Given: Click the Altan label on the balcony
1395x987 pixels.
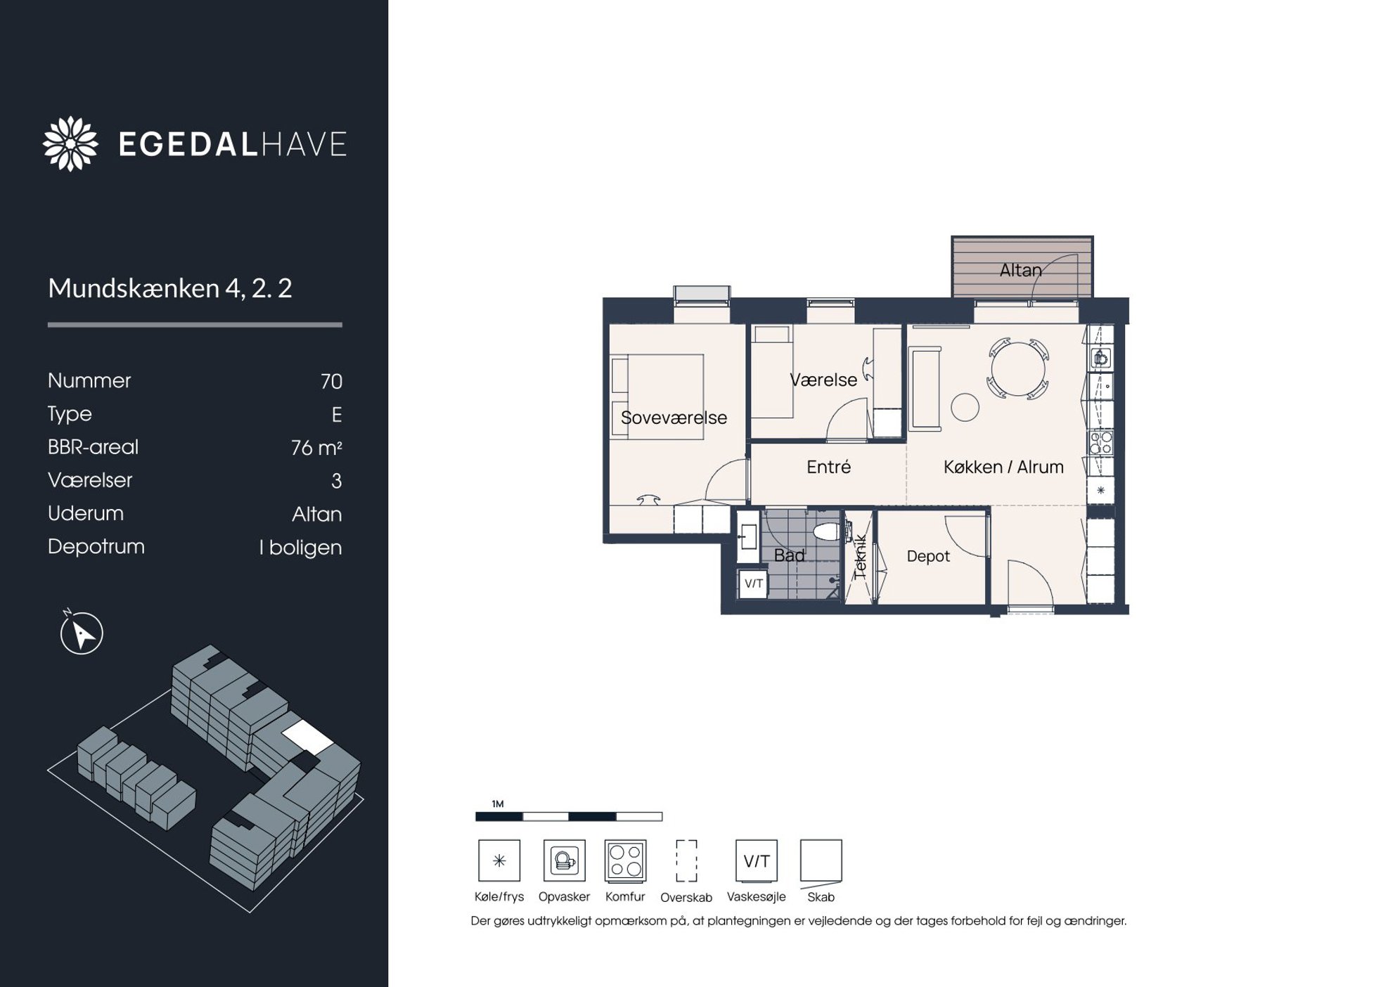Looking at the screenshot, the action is click(1020, 270).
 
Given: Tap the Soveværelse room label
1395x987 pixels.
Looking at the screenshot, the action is click(674, 418).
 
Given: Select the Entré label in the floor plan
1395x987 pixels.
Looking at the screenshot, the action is click(828, 467).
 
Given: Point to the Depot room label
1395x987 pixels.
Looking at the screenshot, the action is click(928, 556).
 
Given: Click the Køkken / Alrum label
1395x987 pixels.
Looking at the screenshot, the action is click(1003, 467).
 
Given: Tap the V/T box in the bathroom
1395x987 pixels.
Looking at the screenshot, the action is click(754, 583).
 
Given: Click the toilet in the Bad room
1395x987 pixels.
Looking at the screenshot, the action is click(827, 531).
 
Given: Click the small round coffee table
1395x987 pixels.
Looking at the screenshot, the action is click(965, 407).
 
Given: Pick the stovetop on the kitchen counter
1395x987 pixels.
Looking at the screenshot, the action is click(1101, 443).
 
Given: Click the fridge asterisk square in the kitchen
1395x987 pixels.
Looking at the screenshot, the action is click(1100, 490).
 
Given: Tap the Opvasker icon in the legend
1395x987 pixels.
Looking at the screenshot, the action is click(564, 860).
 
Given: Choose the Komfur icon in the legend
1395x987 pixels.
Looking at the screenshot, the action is click(625, 860).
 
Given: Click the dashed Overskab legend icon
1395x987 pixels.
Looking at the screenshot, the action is click(686, 860).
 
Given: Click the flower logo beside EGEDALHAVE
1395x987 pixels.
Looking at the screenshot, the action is click(70, 143).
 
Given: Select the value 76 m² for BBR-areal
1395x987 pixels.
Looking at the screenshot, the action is click(316, 447).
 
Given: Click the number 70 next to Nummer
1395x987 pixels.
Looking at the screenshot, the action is click(331, 381).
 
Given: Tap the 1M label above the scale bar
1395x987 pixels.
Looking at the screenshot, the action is click(498, 804).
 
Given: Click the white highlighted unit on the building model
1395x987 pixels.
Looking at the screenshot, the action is click(307, 737).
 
